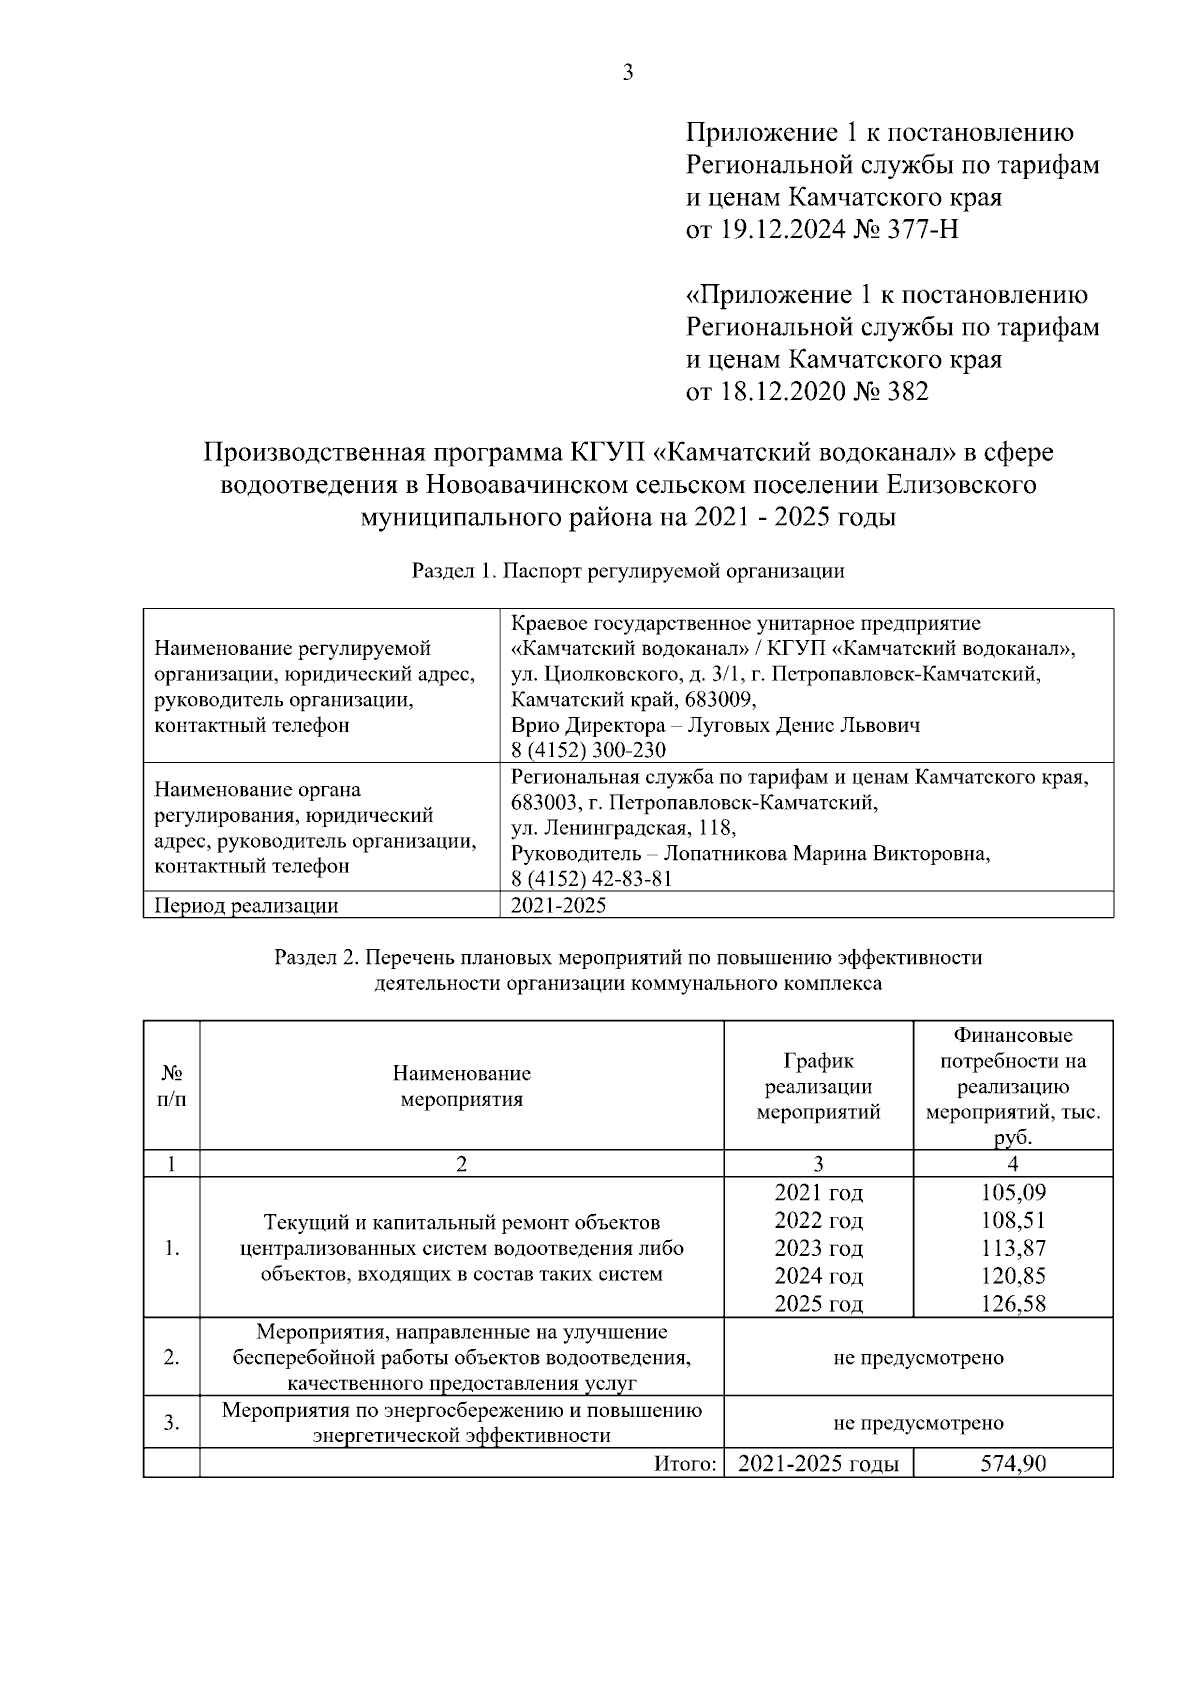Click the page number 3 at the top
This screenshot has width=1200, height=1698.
[628, 72]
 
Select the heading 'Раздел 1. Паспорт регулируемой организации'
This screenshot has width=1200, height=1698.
[628, 572]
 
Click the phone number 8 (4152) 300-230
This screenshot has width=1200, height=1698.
[588, 750]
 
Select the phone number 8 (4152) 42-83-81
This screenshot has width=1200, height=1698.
[591, 879]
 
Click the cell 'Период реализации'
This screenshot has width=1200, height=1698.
[246, 906]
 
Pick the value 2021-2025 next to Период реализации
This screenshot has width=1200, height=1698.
[558, 906]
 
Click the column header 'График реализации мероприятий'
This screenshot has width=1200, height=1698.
[818, 1086]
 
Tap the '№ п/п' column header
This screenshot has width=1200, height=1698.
[172, 1086]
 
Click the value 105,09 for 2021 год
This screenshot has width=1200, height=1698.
[1013, 1192]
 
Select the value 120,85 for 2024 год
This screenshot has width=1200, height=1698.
[1013, 1276]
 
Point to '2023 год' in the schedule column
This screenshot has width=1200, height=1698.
[818, 1248]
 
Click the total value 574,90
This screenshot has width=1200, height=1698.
[1013, 1464]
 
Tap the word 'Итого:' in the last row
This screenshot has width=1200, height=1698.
[687, 1464]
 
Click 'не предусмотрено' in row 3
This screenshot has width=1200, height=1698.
[918, 1422]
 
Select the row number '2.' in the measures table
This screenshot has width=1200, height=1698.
[172, 1357]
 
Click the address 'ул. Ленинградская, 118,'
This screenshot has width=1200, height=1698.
[623, 828]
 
